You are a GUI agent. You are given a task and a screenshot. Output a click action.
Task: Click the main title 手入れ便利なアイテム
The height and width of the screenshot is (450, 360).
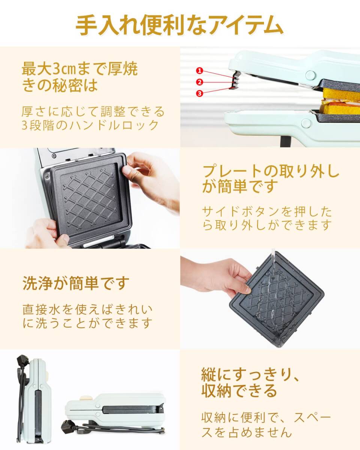click(180, 25)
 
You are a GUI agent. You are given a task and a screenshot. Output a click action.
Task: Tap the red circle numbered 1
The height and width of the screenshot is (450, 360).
click(199, 70)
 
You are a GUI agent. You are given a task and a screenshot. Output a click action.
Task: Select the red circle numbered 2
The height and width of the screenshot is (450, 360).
click(199, 82)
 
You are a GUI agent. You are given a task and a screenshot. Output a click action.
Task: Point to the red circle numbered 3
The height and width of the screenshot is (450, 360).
click(199, 93)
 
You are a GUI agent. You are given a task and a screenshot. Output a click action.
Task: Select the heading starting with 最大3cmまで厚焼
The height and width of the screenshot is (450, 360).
click(80, 69)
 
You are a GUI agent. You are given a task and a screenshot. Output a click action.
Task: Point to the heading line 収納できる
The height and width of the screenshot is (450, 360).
click(239, 391)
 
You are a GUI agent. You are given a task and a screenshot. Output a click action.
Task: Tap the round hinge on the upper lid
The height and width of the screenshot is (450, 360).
click(310, 74)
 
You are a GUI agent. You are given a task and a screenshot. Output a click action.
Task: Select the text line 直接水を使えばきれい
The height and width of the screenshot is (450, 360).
click(88, 310)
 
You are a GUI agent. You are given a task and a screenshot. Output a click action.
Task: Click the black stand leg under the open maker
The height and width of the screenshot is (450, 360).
click(284, 141)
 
